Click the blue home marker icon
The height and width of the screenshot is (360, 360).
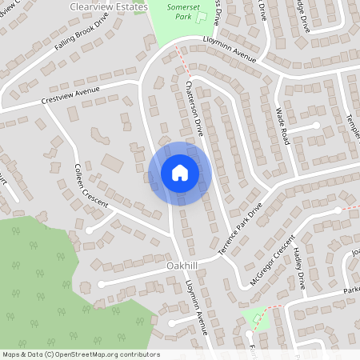coord(179,173)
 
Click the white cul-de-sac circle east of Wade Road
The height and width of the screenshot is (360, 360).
coord(316,126)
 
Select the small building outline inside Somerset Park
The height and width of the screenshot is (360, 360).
coord(200,15)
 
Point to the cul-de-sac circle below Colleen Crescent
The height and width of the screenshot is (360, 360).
coord(89,230)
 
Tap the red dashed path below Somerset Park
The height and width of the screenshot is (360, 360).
coord(183,58)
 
